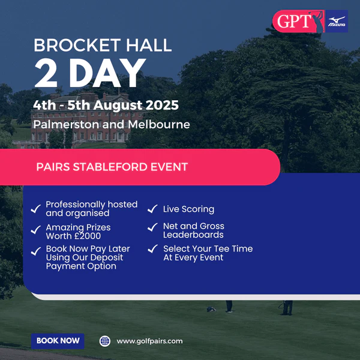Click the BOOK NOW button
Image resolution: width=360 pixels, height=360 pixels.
[x=58, y=341]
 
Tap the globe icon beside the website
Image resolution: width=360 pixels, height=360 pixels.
[x=105, y=341]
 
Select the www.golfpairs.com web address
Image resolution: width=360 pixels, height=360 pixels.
[x=149, y=341]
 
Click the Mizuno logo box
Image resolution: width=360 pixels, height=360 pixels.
[x=337, y=21]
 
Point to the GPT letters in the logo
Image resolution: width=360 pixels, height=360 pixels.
[x=294, y=22]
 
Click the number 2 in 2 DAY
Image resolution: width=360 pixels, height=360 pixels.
[x=46, y=73]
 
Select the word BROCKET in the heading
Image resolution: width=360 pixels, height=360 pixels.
[x=77, y=45]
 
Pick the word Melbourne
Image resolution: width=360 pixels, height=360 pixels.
[x=159, y=124]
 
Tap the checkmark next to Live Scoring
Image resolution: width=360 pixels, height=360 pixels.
[x=152, y=209]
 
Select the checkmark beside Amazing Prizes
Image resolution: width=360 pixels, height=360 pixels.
[x=36, y=230]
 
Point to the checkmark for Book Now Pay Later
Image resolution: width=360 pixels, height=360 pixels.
[x=36, y=251]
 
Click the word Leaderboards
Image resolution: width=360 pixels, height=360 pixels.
[x=193, y=235]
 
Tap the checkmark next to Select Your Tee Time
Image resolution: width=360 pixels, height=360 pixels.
[x=152, y=248]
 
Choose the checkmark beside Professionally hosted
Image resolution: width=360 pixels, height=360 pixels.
[x=36, y=209]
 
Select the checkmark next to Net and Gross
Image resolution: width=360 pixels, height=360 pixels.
[x=152, y=227]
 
